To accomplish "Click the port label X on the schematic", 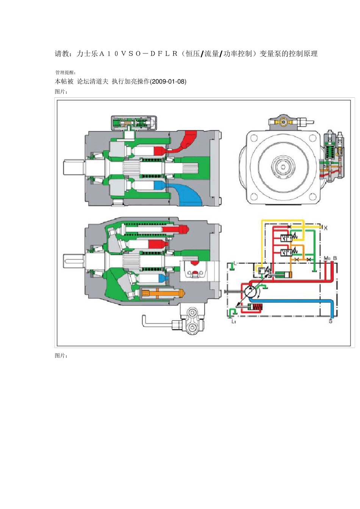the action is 326,228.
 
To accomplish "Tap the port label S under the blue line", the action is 330,321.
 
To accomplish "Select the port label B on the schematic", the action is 335,258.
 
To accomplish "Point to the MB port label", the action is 327,258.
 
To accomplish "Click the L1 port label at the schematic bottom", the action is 233,321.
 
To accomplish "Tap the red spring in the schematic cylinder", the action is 258,307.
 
